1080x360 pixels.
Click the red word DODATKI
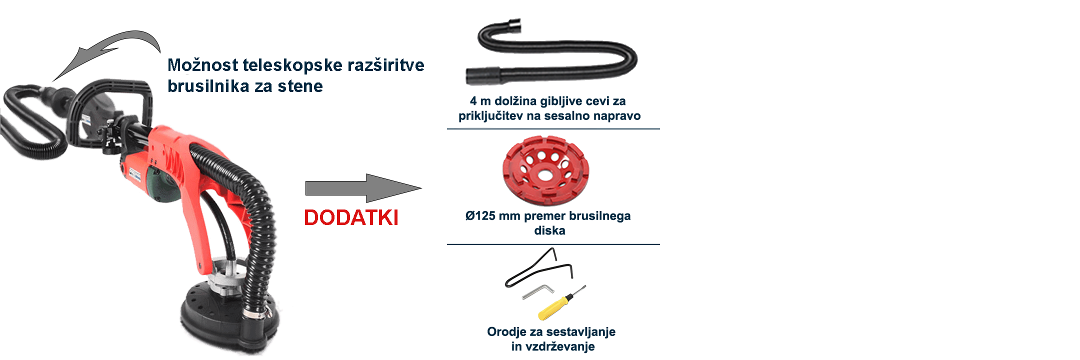coord(351,218)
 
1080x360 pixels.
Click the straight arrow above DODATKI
coord(364,188)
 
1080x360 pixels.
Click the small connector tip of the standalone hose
coord(514,23)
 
